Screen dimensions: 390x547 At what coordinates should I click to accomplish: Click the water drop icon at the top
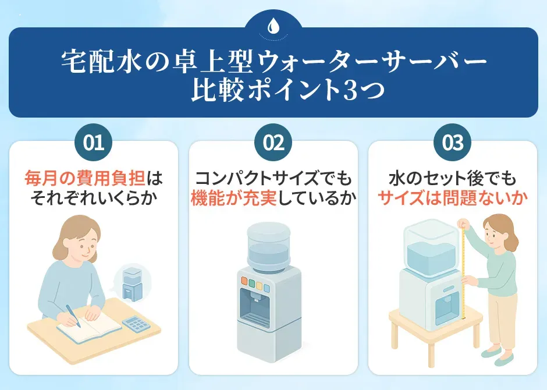coord(273,26)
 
